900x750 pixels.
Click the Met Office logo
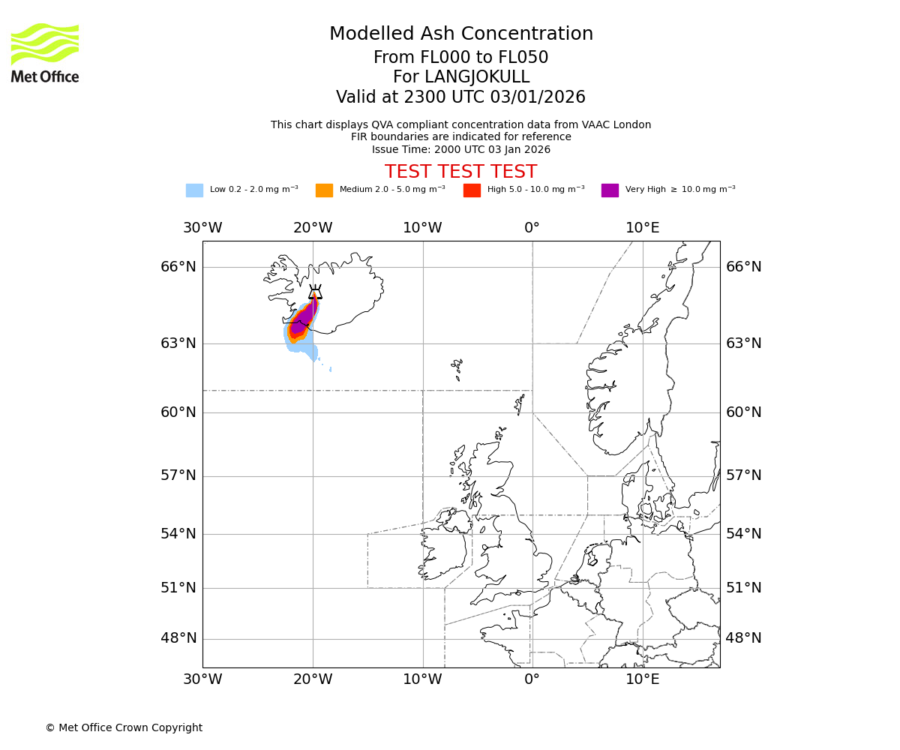point(45,52)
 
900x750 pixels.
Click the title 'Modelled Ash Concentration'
point(460,34)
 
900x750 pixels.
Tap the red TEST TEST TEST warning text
point(460,172)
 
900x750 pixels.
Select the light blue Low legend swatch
point(194,190)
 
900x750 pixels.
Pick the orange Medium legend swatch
point(324,190)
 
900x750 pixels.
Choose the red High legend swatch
point(472,190)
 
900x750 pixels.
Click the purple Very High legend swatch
point(610,190)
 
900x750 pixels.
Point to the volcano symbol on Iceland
point(315,292)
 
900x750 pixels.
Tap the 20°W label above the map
point(313,228)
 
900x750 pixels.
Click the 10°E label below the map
point(643,679)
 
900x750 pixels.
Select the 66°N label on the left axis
point(178,267)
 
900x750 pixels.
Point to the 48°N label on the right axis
point(743,638)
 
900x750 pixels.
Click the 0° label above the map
point(532,228)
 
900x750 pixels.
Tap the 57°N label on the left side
point(178,475)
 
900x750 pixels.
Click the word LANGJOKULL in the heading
point(477,77)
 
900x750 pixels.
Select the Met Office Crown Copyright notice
point(124,727)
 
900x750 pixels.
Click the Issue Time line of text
point(460,149)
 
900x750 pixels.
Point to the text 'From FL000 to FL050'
point(460,58)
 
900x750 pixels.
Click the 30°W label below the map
point(202,679)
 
